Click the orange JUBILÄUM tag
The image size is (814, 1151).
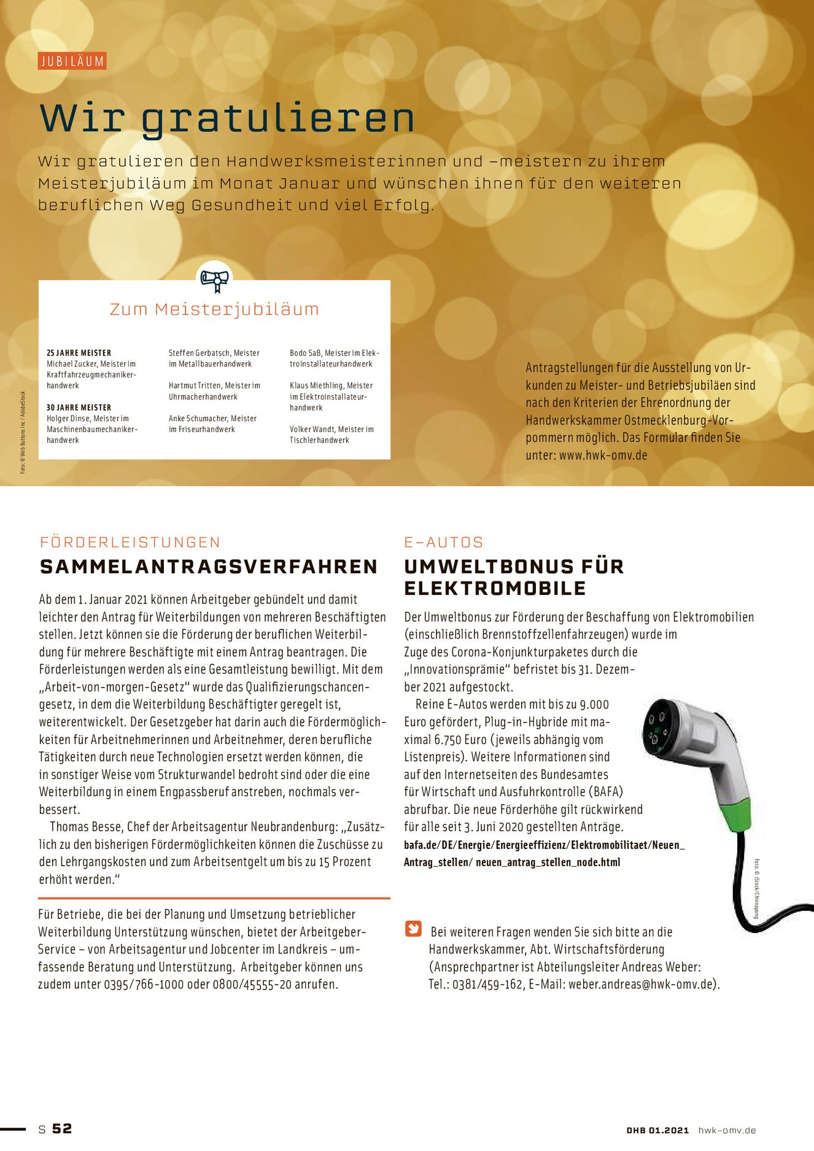[72, 61]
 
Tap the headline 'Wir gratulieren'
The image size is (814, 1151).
[227, 118]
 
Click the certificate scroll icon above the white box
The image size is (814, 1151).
[215, 280]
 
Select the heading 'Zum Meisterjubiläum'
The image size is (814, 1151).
[214, 309]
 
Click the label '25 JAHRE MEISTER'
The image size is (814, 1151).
[79, 353]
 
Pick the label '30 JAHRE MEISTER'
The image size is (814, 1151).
[79, 408]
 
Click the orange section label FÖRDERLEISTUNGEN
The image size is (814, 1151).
[130, 542]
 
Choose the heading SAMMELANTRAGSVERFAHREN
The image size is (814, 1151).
[209, 567]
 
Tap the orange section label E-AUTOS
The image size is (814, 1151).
[444, 542]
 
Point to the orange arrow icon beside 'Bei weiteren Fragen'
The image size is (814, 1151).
[413, 929]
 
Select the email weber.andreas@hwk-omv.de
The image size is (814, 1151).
[642, 985]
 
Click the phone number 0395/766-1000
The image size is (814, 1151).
[144, 985]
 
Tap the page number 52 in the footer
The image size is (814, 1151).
[62, 1128]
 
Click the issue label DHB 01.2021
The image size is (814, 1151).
[657, 1130]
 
